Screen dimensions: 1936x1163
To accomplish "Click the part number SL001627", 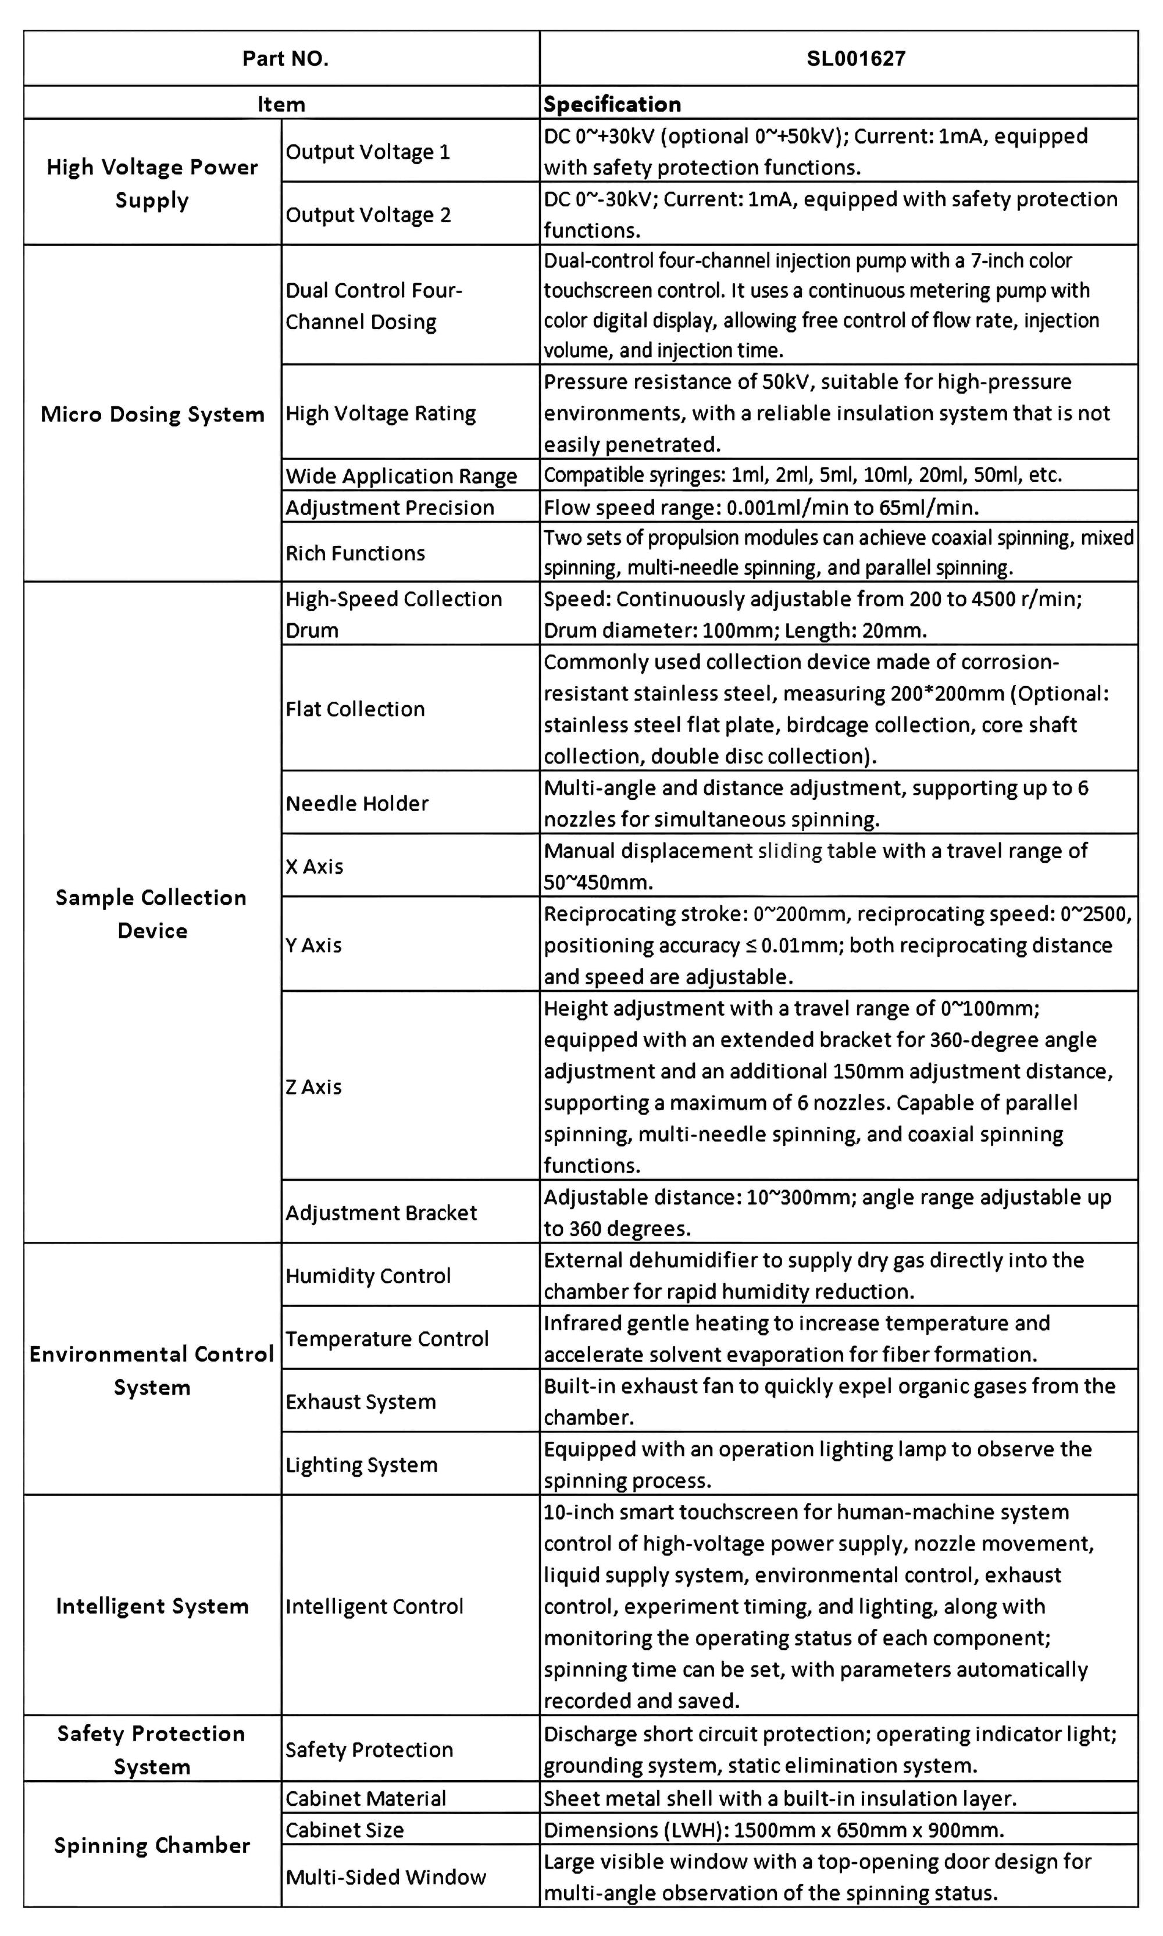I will [856, 59].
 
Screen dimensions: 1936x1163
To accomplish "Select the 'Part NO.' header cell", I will [286, 59].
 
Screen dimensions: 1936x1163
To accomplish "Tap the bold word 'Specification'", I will [612, 104].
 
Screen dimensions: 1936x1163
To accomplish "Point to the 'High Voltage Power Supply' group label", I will [152, 183].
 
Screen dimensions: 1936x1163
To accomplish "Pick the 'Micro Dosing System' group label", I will [152, 415].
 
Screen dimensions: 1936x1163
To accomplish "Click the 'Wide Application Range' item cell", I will [401, 476].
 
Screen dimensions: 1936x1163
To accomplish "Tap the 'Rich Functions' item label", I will [355, 553].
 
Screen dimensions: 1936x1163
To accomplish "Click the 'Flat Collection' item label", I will [355, 709].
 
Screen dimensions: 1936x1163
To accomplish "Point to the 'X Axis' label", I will [314, 866].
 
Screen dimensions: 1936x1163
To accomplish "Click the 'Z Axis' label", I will [313, 1087].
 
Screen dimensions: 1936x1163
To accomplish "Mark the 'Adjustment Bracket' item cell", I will [381, 1213].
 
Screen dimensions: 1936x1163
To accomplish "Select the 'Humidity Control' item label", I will [368, 1276].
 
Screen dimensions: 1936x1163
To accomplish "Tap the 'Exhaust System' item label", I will [361, 1402].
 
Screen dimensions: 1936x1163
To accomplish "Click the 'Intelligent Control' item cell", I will [374, 1606].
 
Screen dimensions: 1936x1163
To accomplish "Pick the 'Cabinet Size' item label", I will [345, 1830].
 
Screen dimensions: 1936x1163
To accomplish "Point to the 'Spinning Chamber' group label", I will [152, 1845].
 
